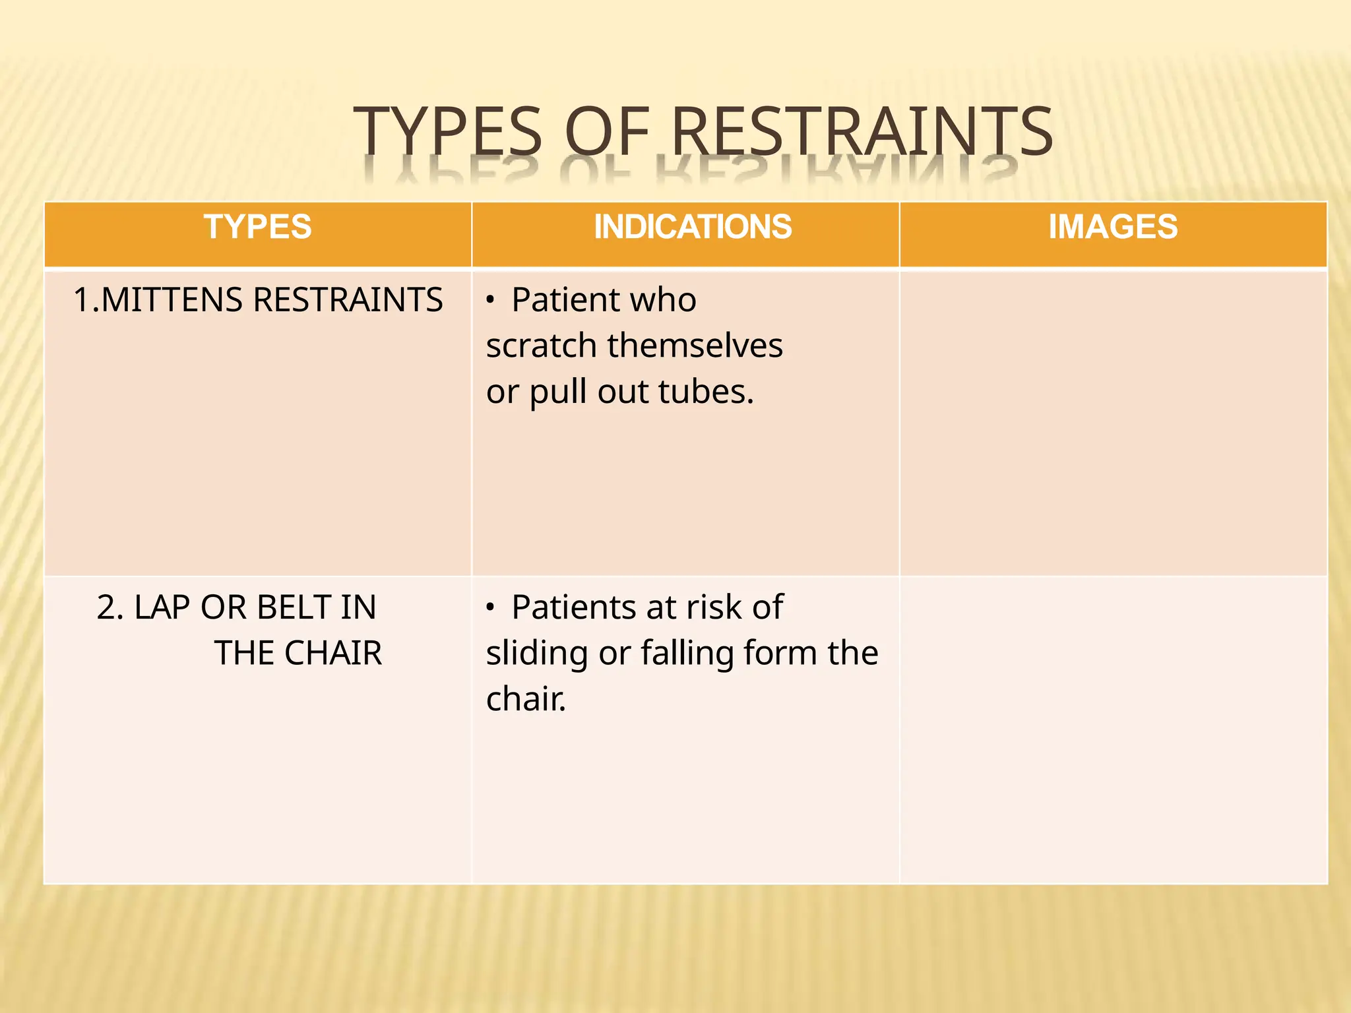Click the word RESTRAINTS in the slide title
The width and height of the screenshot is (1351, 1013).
point(862,131)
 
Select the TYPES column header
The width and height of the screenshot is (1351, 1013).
point(257,227)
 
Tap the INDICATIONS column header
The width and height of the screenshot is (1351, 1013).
point(692,227)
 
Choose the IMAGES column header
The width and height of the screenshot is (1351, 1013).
point(1113,227)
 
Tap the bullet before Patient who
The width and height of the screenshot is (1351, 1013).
point(490,301)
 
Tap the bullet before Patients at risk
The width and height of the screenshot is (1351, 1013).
point(490,608)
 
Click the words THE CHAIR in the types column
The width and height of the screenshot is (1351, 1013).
point(298,653)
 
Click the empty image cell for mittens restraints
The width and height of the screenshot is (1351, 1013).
point(1113,422)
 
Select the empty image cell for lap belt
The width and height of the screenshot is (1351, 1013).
point(1113,729)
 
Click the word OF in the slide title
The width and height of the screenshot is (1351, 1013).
point(607,131)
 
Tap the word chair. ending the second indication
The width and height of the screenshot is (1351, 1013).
point(526,699)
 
